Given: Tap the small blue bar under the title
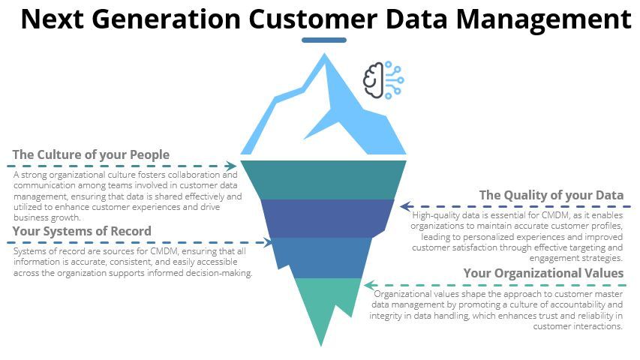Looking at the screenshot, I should coord(323,40).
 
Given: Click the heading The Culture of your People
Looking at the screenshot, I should coord(91,155).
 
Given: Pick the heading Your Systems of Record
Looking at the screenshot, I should coord(82,231).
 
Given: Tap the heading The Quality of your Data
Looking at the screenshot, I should coord(551,196).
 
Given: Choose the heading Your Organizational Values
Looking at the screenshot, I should coord(543,273).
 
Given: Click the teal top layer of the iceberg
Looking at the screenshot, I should coord(323,178).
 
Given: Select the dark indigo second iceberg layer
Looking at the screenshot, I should coord(327,217).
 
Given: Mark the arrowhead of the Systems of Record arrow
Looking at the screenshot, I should coord(270,242).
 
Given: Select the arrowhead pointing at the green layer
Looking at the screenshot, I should coord(368,285).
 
